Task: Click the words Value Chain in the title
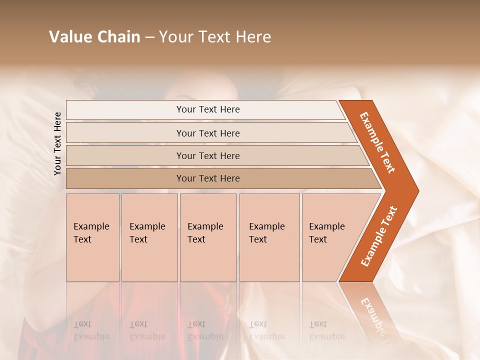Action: [94, 37]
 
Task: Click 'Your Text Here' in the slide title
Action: [215, 37]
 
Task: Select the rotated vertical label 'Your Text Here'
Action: [57, 144]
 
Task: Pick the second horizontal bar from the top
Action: [207, 133]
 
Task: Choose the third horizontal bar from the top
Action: [207, 155]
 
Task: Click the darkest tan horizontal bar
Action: [207, 178]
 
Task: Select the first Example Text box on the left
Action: [92, 237]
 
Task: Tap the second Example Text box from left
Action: [149, 237]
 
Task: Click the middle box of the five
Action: [208, 237]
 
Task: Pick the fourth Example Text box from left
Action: [269, 237]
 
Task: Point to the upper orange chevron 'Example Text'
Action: [377, 142]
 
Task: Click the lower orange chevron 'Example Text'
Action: [379, 236]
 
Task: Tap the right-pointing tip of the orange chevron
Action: [415, 191]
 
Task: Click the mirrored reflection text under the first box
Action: [91, 330]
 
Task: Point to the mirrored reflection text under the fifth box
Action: [326, 330]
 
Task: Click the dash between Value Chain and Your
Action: [149, 37]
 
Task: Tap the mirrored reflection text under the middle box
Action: [205, 330]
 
